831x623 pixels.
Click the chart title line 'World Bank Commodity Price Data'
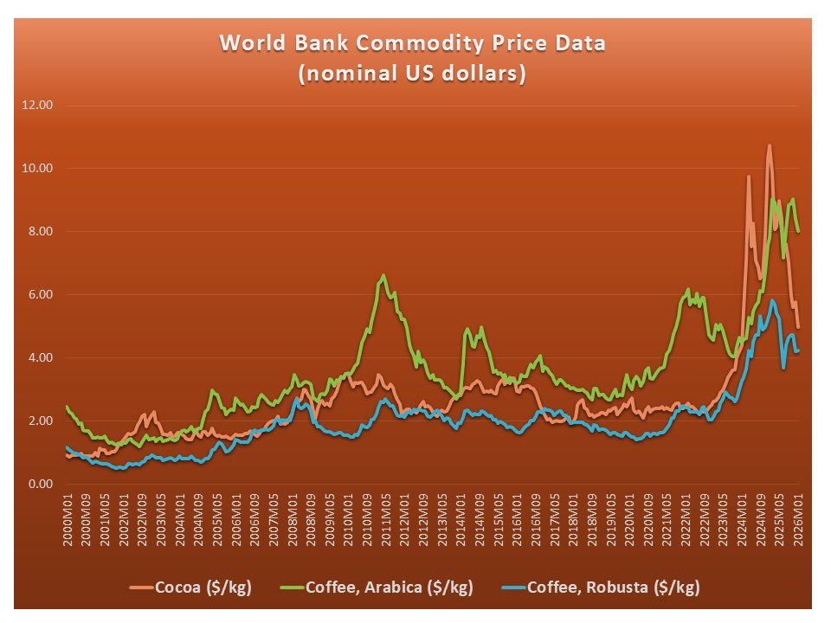coord(412,43)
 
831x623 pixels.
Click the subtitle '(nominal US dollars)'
coord(412,74)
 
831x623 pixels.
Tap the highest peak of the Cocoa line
coord(769,145)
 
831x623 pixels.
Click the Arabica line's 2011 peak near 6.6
coord(383,275)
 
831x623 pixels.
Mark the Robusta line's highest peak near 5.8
coord(771,300)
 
